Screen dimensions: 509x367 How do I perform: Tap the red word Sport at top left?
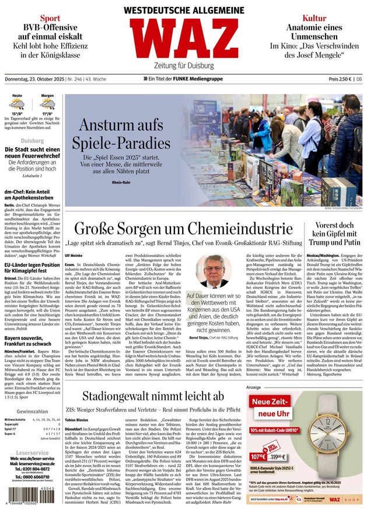pyautogui.click(x=50, y=18)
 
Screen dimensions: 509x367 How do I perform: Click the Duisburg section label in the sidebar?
pyautogui.click(x=32, y=141)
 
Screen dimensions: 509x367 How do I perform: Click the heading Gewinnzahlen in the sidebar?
pyautogui.click(x=32, y=412)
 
